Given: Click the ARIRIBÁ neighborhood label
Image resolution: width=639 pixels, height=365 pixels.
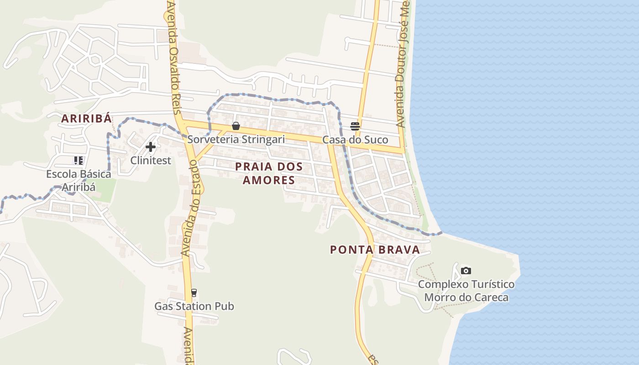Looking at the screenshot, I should coord(87,119).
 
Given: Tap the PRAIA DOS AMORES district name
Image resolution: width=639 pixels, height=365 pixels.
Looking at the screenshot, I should coord(269,173).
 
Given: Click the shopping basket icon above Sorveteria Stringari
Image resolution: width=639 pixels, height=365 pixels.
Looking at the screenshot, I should coord(236,126).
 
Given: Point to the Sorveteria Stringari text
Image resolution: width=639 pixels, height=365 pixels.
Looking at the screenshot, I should coord(236,139).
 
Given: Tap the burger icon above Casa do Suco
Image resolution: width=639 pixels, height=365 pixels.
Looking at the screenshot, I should coord(355,126).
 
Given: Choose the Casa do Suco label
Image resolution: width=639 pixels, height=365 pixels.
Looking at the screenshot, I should coord(355,140).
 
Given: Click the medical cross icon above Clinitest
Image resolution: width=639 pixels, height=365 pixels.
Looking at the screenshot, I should coord(151,147).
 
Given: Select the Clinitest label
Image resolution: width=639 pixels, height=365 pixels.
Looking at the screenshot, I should coord(151,160).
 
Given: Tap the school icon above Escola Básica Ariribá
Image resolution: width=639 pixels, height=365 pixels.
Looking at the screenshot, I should coord(79,161).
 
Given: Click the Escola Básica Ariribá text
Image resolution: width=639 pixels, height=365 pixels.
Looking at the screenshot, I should coord(79,181).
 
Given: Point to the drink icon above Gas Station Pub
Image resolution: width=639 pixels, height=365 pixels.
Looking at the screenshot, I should coord(194,293).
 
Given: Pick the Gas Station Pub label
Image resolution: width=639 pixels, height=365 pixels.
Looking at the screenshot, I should coord(194,306).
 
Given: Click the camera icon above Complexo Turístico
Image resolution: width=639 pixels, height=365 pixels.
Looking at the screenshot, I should coord(466,271).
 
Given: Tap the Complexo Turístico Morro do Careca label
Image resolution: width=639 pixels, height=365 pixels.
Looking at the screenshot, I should coord(466,291).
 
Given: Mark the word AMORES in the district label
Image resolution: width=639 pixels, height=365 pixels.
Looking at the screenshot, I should coord(269,180).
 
